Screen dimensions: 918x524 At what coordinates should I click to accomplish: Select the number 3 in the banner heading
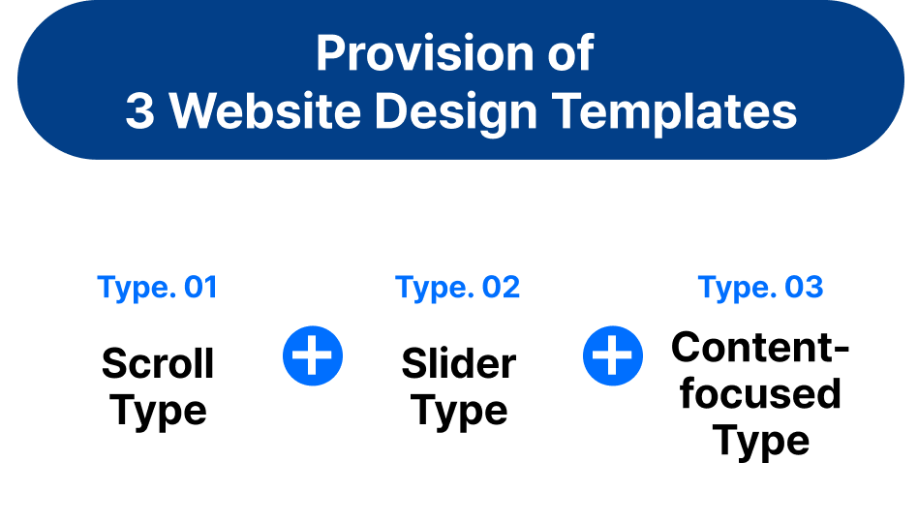[x=139, y=111]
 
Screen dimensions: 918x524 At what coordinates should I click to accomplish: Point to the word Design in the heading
[x=456, y=113]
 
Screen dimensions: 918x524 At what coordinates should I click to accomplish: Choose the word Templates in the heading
[x=674, y=113]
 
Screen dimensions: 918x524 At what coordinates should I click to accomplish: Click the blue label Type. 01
[x=158, y=289]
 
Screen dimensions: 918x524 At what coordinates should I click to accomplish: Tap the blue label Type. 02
[x=457, y=289]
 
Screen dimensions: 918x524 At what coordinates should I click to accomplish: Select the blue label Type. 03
[x=760, y=289]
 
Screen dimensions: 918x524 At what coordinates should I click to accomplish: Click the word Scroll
[x=158, y=363]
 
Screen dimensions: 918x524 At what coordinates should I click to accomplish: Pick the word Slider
[x=459, y=363]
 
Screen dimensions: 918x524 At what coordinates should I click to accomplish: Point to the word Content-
[x=760, y=347]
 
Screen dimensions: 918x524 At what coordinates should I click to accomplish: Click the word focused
[x=760, y=393]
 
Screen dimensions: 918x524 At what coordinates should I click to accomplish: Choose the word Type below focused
[x=761, y=443]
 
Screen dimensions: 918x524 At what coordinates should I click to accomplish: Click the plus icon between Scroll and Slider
[x=313, y=356]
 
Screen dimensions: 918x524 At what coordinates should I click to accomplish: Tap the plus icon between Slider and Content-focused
[x=613, y=356]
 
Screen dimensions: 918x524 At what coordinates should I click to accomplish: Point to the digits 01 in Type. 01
[x=200, y=287]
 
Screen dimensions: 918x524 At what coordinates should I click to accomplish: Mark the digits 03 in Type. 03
[x=805, y=287]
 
